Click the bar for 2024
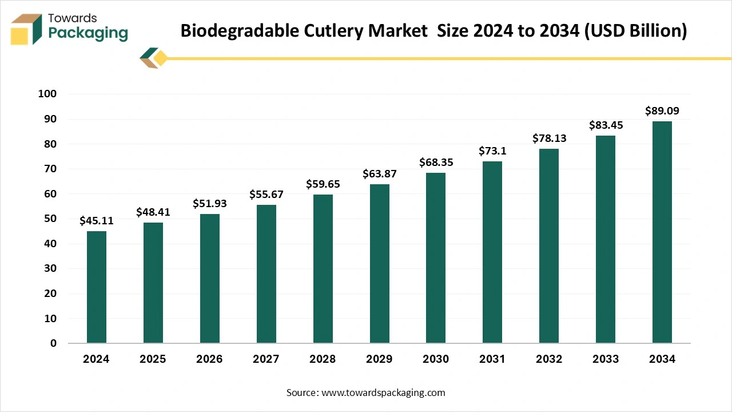97,287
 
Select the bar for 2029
379,264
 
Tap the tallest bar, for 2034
662,232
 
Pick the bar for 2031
492,252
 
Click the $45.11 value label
97,221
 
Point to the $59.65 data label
323,184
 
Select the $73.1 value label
492,151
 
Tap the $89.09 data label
662,111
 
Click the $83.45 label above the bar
606,125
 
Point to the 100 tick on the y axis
47,94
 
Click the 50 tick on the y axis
51,219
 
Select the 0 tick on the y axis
54,343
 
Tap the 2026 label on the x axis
209,359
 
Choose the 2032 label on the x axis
549,359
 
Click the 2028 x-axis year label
323,359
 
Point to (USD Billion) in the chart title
636,31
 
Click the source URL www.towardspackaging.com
383,393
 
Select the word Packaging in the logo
88,34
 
